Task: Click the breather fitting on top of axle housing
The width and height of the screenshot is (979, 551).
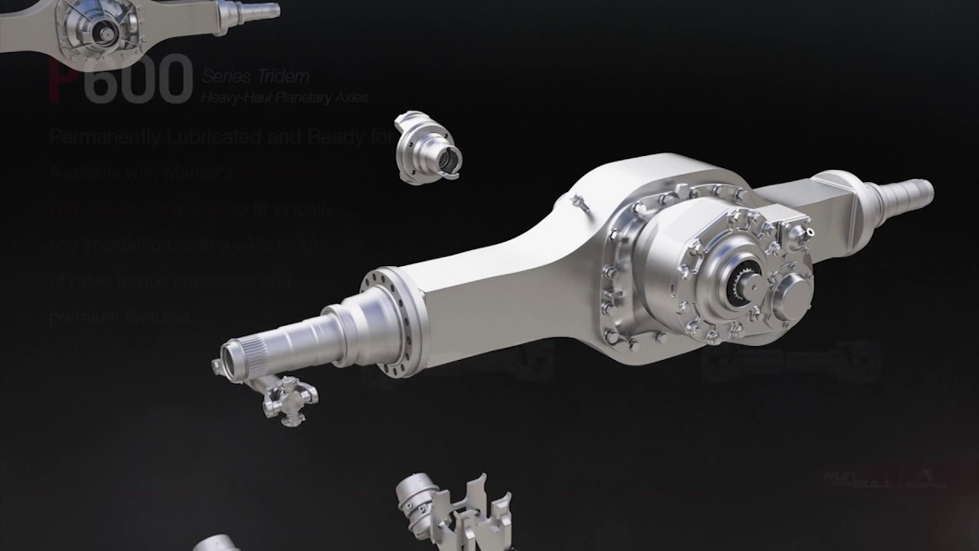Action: click(x=581, y=202)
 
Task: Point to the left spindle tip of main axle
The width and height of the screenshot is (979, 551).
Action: click(x=237, y=358)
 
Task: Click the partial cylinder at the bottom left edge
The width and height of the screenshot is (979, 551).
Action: click(x=216, y=543)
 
